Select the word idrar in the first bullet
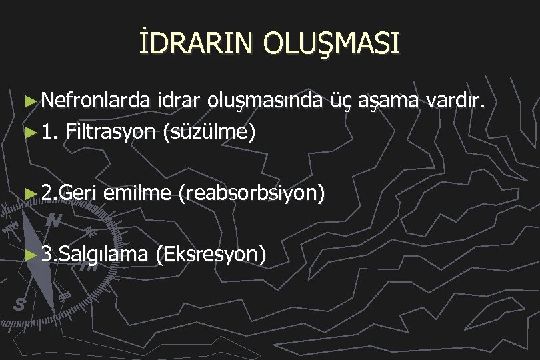[179, 101]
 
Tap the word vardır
[458, 101]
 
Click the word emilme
[137, 193]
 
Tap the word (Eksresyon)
[211, 254]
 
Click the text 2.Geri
[69, 193]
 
